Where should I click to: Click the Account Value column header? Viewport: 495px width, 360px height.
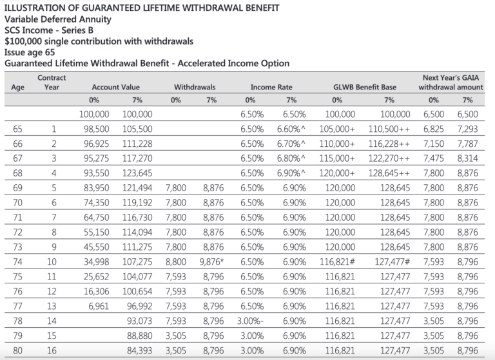pos(115,87)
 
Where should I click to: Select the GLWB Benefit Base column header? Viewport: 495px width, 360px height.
pos(365,87)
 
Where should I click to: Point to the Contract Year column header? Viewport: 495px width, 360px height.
pos(52,82)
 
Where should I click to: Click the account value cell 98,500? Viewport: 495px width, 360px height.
pos(94,129)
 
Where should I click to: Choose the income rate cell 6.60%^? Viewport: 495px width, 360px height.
pos(292,129)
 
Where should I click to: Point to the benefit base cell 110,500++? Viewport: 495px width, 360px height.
pos(388,129)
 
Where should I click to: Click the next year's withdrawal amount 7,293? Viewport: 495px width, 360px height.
pos(468,129)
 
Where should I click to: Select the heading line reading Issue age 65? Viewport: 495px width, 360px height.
pos(28,52)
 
